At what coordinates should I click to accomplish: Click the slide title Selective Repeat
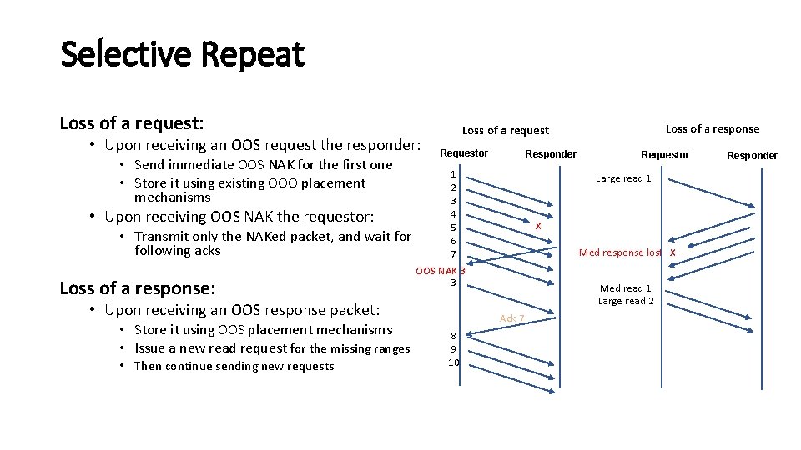(182, 55)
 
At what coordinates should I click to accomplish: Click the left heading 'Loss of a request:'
(131, 123)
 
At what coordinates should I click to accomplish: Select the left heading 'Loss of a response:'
(138, 288)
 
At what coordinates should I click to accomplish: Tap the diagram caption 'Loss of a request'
(505, 130)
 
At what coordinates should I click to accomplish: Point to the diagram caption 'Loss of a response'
(712, 128)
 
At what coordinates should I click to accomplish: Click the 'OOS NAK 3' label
(440, 270)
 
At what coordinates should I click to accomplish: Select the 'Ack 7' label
(511, 318)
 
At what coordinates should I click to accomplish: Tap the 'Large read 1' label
(622, 178)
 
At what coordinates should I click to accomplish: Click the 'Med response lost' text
(620, 252)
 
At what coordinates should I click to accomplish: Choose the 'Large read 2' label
(626, 301)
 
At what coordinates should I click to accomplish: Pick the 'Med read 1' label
(626, 288)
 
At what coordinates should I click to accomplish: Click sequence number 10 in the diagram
(453, 362)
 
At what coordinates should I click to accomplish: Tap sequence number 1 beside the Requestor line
(453, 174)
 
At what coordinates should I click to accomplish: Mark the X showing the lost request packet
(538, 226)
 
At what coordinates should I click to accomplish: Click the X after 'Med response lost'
(673, 252)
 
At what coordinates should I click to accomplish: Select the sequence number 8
(453, 336)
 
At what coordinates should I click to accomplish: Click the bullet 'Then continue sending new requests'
(234, 366)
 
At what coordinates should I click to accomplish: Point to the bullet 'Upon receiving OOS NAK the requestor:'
(239, 217)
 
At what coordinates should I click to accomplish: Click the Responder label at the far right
(751, 155)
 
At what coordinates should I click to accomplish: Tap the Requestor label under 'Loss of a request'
(464, 153)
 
